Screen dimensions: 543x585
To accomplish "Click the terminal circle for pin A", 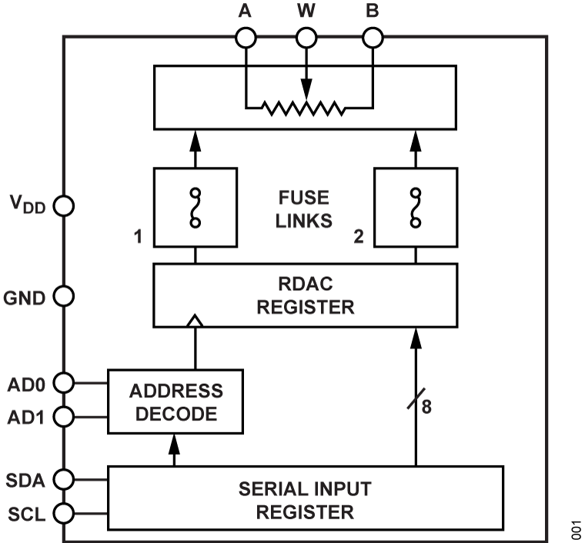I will [246, 38].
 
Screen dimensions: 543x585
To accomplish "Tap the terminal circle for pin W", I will [306, 38].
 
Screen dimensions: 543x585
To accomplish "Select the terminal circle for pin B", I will [373, 38].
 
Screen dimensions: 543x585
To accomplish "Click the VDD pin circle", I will [64, 206].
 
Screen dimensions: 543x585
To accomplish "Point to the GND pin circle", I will [64, 296].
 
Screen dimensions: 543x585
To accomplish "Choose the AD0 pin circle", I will [64, 382].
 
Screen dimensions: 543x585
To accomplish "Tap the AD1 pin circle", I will [64, 416].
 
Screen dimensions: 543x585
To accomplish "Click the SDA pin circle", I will [64, 479].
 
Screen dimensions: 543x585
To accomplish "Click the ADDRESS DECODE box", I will [175, 401].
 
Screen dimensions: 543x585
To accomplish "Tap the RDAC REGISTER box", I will [305, 295].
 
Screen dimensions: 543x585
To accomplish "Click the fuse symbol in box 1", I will [195, 208].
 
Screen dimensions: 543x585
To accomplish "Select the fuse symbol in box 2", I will [416, 208].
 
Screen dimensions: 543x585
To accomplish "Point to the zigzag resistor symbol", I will [305, 108].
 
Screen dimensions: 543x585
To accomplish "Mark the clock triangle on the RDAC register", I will [196, 320].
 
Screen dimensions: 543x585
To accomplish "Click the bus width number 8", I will [426, 407].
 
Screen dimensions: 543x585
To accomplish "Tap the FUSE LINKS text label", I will [305, 208].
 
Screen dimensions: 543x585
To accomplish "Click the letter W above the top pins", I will [306, 12].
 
